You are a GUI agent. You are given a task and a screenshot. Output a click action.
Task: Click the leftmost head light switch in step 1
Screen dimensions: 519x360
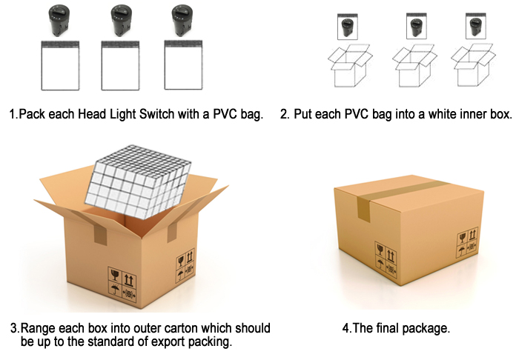[59, 21]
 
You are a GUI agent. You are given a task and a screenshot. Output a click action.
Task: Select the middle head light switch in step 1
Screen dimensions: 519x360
[121, 21]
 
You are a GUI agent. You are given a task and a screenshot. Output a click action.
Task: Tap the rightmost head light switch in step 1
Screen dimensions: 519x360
[182, 21]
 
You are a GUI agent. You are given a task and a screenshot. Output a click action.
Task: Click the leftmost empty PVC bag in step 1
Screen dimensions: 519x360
[60, 65]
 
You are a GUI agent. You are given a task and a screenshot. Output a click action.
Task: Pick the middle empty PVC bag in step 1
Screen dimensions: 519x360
[120, 65]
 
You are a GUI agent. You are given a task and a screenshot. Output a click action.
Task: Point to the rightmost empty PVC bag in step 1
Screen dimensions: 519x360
[183, 65]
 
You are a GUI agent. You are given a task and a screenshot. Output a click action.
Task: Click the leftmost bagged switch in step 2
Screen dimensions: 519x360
[348, 27]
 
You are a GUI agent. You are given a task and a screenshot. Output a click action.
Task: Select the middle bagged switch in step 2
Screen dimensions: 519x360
[417, 26]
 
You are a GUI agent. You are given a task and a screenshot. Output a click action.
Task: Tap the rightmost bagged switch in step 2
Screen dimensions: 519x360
[476, 26]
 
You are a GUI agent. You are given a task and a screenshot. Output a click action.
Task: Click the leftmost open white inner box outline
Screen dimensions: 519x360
[350, 66]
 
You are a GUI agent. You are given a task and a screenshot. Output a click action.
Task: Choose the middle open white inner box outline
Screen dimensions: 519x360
[414, 66]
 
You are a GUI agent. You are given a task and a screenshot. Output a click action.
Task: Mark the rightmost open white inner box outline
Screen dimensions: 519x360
[473, 65]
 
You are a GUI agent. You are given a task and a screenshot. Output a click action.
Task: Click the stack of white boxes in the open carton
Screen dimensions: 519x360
[138, 181]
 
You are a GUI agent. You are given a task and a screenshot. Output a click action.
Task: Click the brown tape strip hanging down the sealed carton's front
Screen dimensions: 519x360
[364, 208]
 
